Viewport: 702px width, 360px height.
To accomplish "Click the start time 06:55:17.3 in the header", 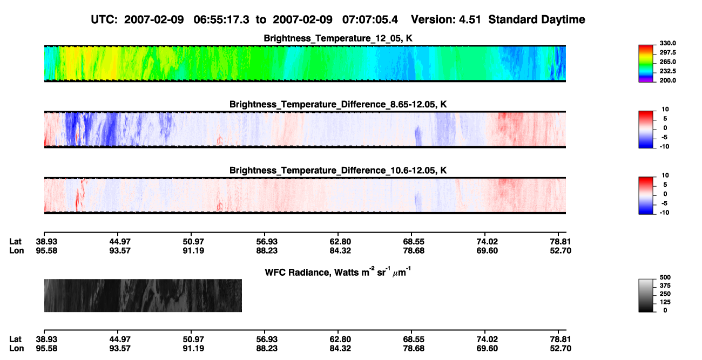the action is [x=221, y=20].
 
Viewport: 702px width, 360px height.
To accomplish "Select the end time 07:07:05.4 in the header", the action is [x=370, y=20].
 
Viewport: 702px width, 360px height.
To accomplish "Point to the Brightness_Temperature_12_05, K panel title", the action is [x=338, y=38].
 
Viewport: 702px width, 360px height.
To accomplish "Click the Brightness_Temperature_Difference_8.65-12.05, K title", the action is [x=338, y=104].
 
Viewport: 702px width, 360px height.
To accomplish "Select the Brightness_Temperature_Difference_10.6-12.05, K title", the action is [x=338, y=171].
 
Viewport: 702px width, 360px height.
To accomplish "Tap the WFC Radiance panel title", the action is [x=337, y=271].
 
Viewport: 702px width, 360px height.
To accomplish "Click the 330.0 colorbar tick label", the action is [x=667, y=43].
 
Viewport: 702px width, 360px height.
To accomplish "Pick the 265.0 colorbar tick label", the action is [x=667, y=62].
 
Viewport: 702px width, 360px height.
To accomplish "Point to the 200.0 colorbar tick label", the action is [x=667, y=80].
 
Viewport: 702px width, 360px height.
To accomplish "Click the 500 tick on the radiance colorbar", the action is [x=665, y=277].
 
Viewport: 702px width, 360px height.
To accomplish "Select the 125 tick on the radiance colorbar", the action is [x=665, y=302].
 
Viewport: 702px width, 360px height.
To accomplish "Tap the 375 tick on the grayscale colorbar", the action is [x=665, y=286].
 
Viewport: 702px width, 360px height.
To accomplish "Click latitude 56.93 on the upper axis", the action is [x=267, y=242].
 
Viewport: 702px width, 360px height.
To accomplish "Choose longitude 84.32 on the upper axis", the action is [x=340, y=251].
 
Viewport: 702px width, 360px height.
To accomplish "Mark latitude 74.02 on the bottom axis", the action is [x=487, y=339].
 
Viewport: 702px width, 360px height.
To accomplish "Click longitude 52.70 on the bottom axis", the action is [x=561, y=349].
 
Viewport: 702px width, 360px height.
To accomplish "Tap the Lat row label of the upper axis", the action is [x=15, y=242].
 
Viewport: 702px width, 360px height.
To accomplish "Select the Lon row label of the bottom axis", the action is [x=16, y=349].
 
